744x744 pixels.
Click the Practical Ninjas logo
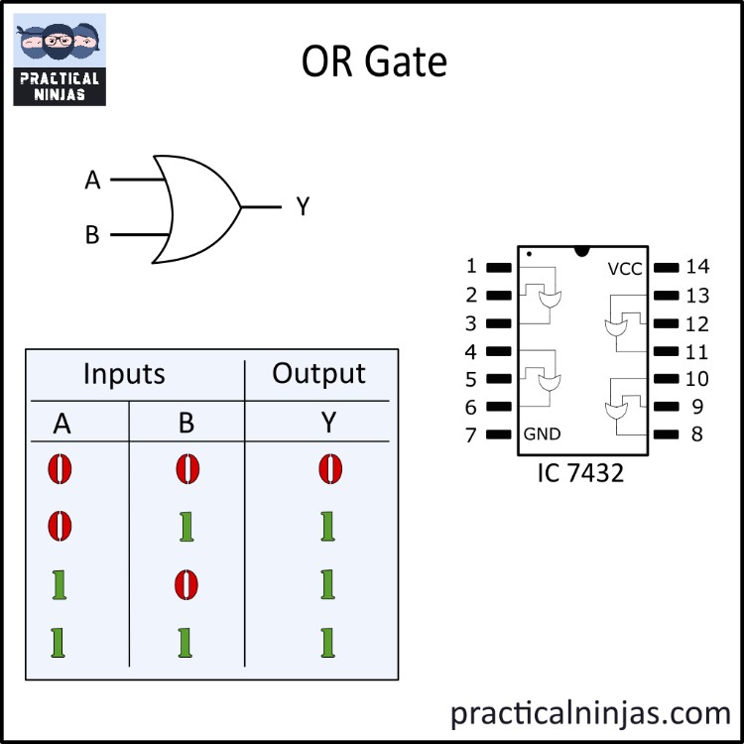tap(60, 60)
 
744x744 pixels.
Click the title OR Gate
tap(374, 62)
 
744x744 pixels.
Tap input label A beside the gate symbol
tap(93, 181)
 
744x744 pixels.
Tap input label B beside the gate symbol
tap(92, 236)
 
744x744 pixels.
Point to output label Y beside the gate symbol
tap(303, 207)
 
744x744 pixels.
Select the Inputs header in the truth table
tap(124, 374)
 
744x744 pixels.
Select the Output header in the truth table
tap(318, 374)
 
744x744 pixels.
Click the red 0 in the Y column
tap(327, 468)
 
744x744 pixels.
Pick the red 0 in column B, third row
tap(186, 585)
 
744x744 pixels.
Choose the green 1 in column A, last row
tap(60, 644)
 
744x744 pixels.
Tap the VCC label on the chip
tap(625, 269)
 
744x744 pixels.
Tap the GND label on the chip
tap(542, 434)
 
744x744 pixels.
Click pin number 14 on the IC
tap(697, 266)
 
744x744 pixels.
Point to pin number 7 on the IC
tap(471, 434)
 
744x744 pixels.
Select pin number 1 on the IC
tap(471, 266)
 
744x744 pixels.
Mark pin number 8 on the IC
tap(695, 434)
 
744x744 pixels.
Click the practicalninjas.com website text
tap(590, 711)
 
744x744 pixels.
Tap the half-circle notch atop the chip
tap(581, 250)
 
